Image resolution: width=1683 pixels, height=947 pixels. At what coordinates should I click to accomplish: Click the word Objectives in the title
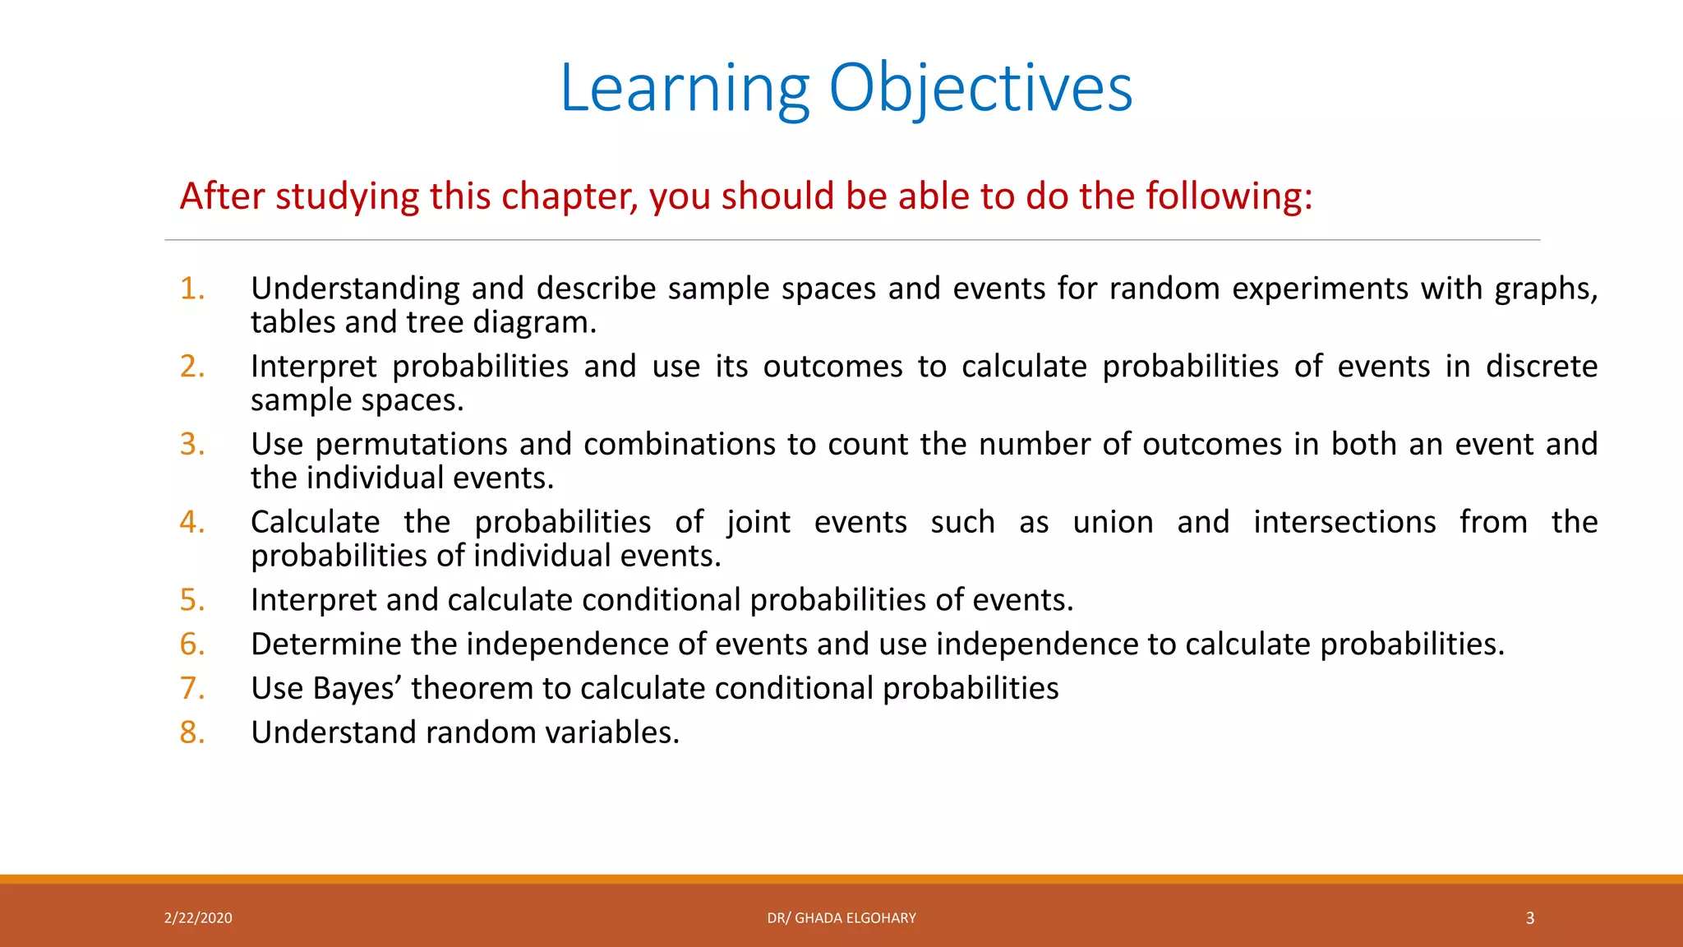point(980,88)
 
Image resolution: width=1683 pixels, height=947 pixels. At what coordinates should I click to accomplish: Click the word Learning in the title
point(685,88)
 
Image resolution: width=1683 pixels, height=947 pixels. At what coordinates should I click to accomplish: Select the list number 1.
point(192,289)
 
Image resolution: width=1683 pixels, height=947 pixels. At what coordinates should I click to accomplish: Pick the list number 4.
point(192,522)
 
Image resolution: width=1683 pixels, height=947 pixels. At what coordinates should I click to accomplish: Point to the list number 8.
point(192,732)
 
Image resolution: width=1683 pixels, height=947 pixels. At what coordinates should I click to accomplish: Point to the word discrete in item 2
point(1541,367)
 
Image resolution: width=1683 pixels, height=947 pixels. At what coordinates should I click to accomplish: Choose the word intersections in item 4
point(1344,523)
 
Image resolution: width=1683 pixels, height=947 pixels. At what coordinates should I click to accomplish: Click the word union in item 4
point(1113,523)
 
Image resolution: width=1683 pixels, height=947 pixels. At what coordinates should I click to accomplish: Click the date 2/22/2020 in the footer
point(198,918)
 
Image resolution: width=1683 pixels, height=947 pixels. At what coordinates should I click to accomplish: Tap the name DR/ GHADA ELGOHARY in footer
point(841,918)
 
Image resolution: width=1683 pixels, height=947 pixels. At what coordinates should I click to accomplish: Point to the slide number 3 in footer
point(1530,918)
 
